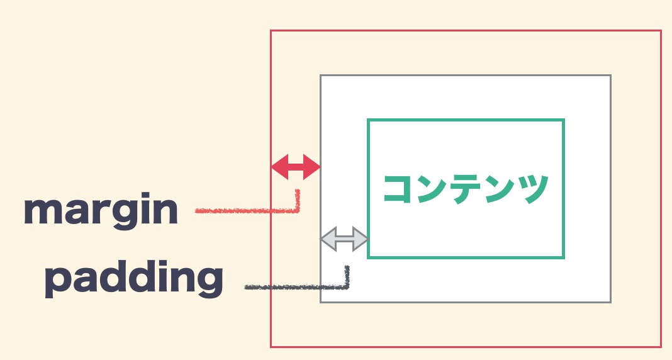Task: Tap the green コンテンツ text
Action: pos(466,189)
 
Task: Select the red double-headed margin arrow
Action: pos(296,167)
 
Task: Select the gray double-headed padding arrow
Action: pos(344,239)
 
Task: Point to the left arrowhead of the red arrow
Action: pos(279,167)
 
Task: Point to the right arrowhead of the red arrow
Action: pos(311,167)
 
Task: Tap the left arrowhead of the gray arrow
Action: pos(328,239)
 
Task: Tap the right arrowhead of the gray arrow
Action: pos(360,239)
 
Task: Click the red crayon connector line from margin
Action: pos(257,210)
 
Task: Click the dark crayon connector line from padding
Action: pos(300,287)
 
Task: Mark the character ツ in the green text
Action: pos(534,189)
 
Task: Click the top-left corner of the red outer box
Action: pos(271,30)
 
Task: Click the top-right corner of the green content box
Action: pos(564,120)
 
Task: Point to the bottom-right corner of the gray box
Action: pos(611,302)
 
